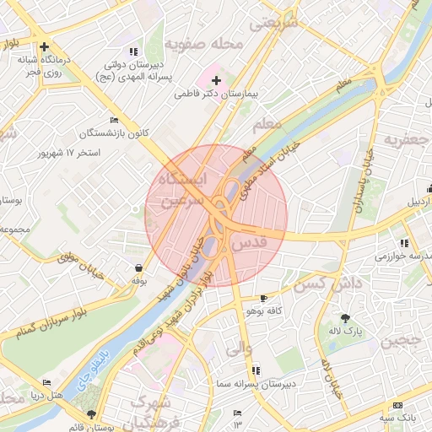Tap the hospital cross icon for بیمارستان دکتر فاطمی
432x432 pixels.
pyautogui.click(x=216, y=80)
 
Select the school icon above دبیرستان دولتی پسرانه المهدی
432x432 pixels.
pyautogui.click(x=133, y=52)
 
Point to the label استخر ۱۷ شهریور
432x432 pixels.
pyautogui.click(x=69, y=154)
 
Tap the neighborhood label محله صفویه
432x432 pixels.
pyautogui.click(x=204, y=43)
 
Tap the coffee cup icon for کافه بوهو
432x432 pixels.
pyautogui.click(x=264, y=299)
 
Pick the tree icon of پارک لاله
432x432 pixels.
pyautogui.click(x=345, y=318)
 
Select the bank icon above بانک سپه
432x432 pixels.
pyautogui.click(x=398, y=406)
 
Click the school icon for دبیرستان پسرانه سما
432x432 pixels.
pyautogui.click(x=256, y=370)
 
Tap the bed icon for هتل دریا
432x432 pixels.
pyautogui.click(x=46, y=382)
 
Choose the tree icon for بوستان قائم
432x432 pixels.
pyautogui.click(x=91, y=415)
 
